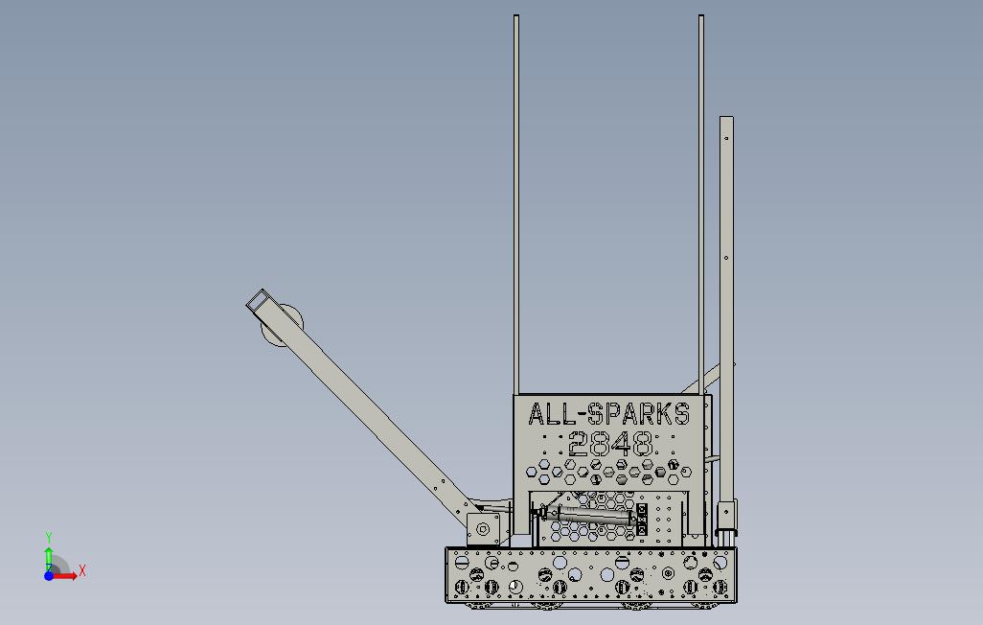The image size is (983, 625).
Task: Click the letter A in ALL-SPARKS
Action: (x=536, y=414)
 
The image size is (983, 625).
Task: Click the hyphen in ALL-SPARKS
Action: (x=579, y=415)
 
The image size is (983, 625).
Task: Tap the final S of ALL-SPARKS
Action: (x=682, y=414)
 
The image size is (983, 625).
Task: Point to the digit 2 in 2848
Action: (x=579, y=444)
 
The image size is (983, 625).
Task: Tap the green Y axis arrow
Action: (x=49, y=559)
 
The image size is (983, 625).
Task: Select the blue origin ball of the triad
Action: (x=49, y=575)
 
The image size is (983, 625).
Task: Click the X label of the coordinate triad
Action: (x=82, y=571)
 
